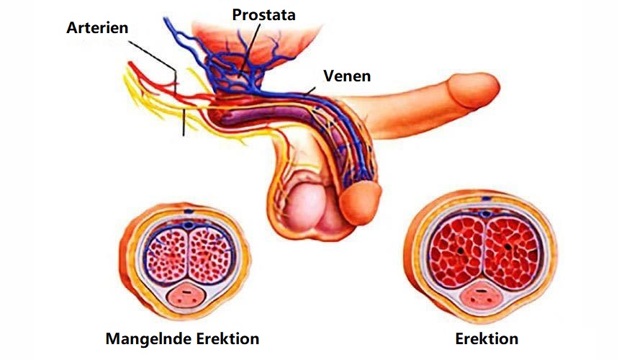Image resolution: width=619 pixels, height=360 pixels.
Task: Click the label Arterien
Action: pyautogui.click(x=97, y=28)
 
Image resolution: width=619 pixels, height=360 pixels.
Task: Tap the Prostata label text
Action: pyautogui.click(x=263, y=14)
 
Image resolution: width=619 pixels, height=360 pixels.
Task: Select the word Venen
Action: pyautogui.click(x=347, y=76)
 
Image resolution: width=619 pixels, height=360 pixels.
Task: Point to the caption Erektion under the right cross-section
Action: pyautogui.click(x=487, y=338)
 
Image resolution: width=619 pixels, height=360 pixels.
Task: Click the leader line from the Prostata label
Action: pyautogui.click(x=249, y=50)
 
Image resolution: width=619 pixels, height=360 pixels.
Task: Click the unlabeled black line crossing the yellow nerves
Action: pyautogui.click(x=184, y=122)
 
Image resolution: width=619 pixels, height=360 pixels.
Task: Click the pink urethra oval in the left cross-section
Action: pyautogui.click(x=186, y=297)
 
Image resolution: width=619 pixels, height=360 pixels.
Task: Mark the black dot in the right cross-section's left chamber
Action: pyautogui.click(x=460, y=250)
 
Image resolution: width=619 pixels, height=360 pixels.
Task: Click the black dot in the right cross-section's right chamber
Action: pyautogui.click(x=508, y=247)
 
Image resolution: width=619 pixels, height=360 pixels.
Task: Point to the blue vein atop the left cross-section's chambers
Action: pyautogui.click(x=189, y=226)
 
